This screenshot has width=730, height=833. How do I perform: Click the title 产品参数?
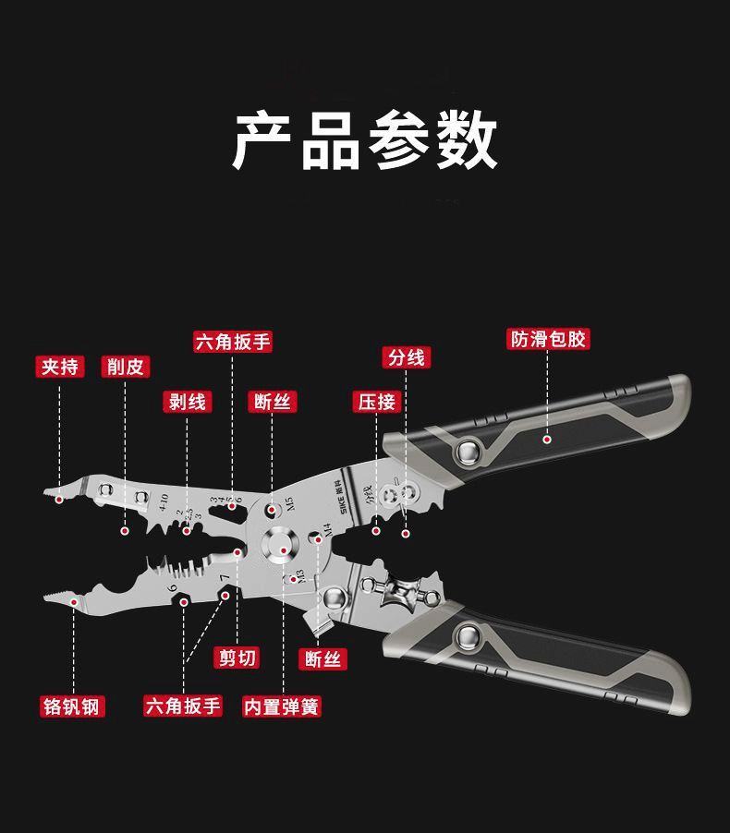(364, 141)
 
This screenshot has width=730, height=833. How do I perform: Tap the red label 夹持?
(60, 367)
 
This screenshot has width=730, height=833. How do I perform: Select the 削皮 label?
(126, 367)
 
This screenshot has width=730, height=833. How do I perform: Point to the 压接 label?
(377, 401)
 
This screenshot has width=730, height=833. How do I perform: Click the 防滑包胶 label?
(548, 339)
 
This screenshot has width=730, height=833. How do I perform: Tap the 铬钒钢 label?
(73, 706)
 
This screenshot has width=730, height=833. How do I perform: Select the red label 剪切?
(237, 658)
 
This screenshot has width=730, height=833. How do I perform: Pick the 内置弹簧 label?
(282, 706)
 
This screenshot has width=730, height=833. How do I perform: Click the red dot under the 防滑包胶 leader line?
(547, 441)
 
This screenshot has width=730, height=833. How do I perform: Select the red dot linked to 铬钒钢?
(73, 598)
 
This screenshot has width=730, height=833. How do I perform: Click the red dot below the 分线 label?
(406, 533)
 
